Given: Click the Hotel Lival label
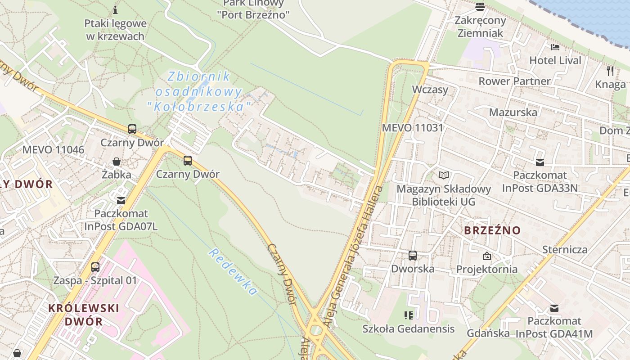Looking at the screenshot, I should click(x=555, y=60).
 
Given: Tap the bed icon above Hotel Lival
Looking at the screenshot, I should click(x=555, y=47).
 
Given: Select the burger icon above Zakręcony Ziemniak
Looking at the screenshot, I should click(x=480, y=7).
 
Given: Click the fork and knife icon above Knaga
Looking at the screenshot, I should click(x=610, y=71).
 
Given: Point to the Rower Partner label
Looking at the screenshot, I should click(x=514, y=81).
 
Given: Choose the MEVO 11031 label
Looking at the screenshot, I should click(x=413, y=128).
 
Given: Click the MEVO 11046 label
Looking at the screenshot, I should click(x=53, y=150).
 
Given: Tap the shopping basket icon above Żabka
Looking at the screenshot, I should click(x=117, y=162).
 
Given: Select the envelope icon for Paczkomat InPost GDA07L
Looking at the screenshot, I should click(x=121, y=200).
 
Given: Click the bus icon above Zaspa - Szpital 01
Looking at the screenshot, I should click(x=95, y=267).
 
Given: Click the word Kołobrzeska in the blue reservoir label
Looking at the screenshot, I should click(x=199, y=107).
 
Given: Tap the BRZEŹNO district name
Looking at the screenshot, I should click(x=492, y=230).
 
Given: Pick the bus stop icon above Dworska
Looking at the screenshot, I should click(x=413, y=256).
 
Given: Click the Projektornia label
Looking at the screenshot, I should click(x=487, y=269).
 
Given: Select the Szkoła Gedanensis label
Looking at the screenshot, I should click(x=409, y=329).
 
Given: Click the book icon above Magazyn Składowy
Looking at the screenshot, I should click(x=444, y=175).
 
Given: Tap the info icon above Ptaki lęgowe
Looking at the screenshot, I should click(x=115, y=10).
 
